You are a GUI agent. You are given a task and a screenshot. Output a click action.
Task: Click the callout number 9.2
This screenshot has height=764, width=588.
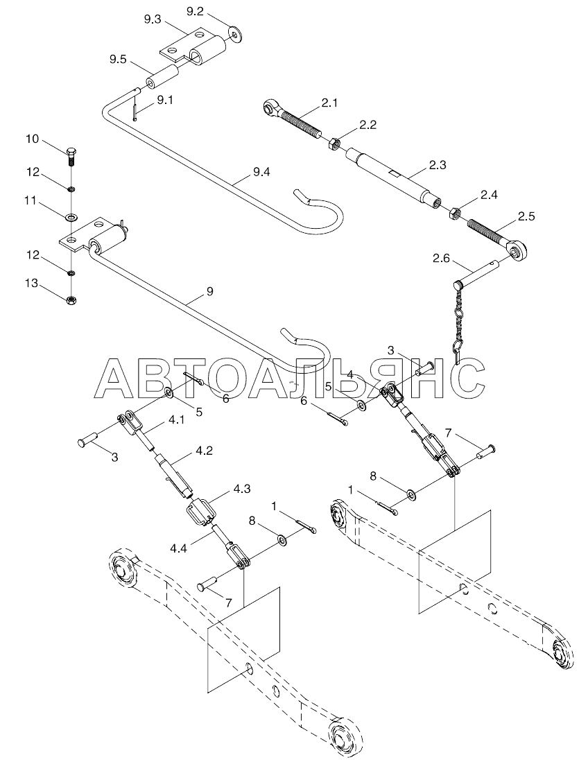point(196,11)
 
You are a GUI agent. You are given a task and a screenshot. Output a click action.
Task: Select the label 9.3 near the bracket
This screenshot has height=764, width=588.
point(153,20)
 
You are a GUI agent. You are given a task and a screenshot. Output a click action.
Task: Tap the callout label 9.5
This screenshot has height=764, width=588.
point(118,60)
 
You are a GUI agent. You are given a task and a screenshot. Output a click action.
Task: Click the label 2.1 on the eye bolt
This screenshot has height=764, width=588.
point(329,104)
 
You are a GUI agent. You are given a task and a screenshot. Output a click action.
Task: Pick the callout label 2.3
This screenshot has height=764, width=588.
point(438,164)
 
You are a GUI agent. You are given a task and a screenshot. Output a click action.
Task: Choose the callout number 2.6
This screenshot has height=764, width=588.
point(441,259)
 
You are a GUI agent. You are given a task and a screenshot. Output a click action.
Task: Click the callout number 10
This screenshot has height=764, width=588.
point(33,139)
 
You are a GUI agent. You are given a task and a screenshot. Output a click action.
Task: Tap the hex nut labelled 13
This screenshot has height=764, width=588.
point(72,300)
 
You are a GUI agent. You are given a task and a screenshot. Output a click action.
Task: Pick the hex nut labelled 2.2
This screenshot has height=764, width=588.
point(333,144)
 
